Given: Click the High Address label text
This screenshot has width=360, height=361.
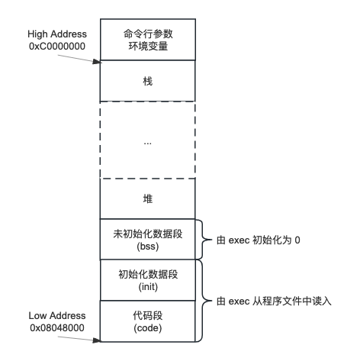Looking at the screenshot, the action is tap(57, 34).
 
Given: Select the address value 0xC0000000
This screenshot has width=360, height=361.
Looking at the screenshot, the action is tap(57, 47).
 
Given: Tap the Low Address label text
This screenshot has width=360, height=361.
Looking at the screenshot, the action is tap(57, 316).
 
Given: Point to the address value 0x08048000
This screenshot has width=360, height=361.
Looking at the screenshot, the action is tap(57, 327).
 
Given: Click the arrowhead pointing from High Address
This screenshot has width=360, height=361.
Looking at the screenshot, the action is tap(97, 62).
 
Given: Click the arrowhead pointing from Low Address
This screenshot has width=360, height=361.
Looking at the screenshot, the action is tap(97, 340).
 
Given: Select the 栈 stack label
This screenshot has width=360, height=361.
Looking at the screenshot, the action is tap(148, 82).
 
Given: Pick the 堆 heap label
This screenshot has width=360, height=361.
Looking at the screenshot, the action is tap(148, 198).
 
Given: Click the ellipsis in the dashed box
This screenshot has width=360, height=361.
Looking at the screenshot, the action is tap(148, 144).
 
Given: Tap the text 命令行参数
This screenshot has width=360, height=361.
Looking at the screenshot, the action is tap(148, 34).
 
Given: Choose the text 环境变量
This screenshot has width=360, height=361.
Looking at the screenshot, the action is tap(148, 46).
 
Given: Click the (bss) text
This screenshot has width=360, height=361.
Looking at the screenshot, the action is tap(148, 247).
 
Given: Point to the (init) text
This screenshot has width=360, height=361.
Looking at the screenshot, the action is tap(148, 287).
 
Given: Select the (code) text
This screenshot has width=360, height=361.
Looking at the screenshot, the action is tap(148, 328).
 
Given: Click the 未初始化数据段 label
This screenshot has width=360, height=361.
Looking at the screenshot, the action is tap(148, 234).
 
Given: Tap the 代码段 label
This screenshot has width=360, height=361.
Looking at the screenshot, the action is tap(148, 315).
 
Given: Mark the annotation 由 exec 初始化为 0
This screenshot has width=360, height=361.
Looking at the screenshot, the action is tap(259, 240).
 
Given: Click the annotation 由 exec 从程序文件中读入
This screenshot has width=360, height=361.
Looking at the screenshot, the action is tap(274, 301).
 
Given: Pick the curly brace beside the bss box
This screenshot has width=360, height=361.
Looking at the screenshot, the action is tap(203, 240).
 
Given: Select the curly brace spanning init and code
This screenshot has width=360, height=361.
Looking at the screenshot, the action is tap(203, 301).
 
